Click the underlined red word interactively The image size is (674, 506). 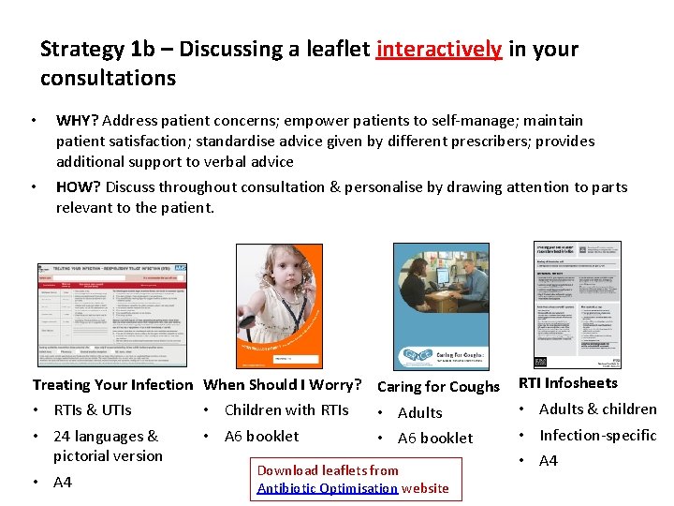pos(438,49)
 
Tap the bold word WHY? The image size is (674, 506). pos(78,120)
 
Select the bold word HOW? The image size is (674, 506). pos(79,186)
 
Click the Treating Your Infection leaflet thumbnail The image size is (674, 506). pos(111,314)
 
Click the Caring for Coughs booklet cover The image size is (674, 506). pos(447,305)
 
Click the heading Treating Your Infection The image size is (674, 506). pos(111,384)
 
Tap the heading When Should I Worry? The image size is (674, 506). pos(283,384)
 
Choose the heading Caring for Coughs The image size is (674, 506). pos(438,386)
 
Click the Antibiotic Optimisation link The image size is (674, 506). pos(328,488)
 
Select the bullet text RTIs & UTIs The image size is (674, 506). pos(93,409)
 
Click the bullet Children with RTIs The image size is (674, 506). pos(286,409)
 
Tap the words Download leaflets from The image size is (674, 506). pos(328,470)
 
